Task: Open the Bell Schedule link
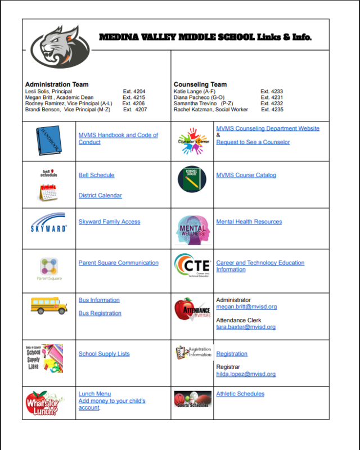(96, 175)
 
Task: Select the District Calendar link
(100, 196)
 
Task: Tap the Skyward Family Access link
(109, 222)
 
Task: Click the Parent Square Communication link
(118, 263)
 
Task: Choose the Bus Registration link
(100, 313)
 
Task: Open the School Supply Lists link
(104, 354)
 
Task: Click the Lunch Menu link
(94, 394)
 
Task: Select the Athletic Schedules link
(240, 394)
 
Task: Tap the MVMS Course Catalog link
(246, 175)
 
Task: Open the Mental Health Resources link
(249, 222)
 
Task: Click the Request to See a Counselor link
(253, 142)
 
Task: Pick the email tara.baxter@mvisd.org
(246, 327)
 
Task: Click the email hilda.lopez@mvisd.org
(246, 374)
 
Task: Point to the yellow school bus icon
(49, 305)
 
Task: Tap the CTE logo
(192, 264)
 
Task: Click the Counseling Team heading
(200, 84)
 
